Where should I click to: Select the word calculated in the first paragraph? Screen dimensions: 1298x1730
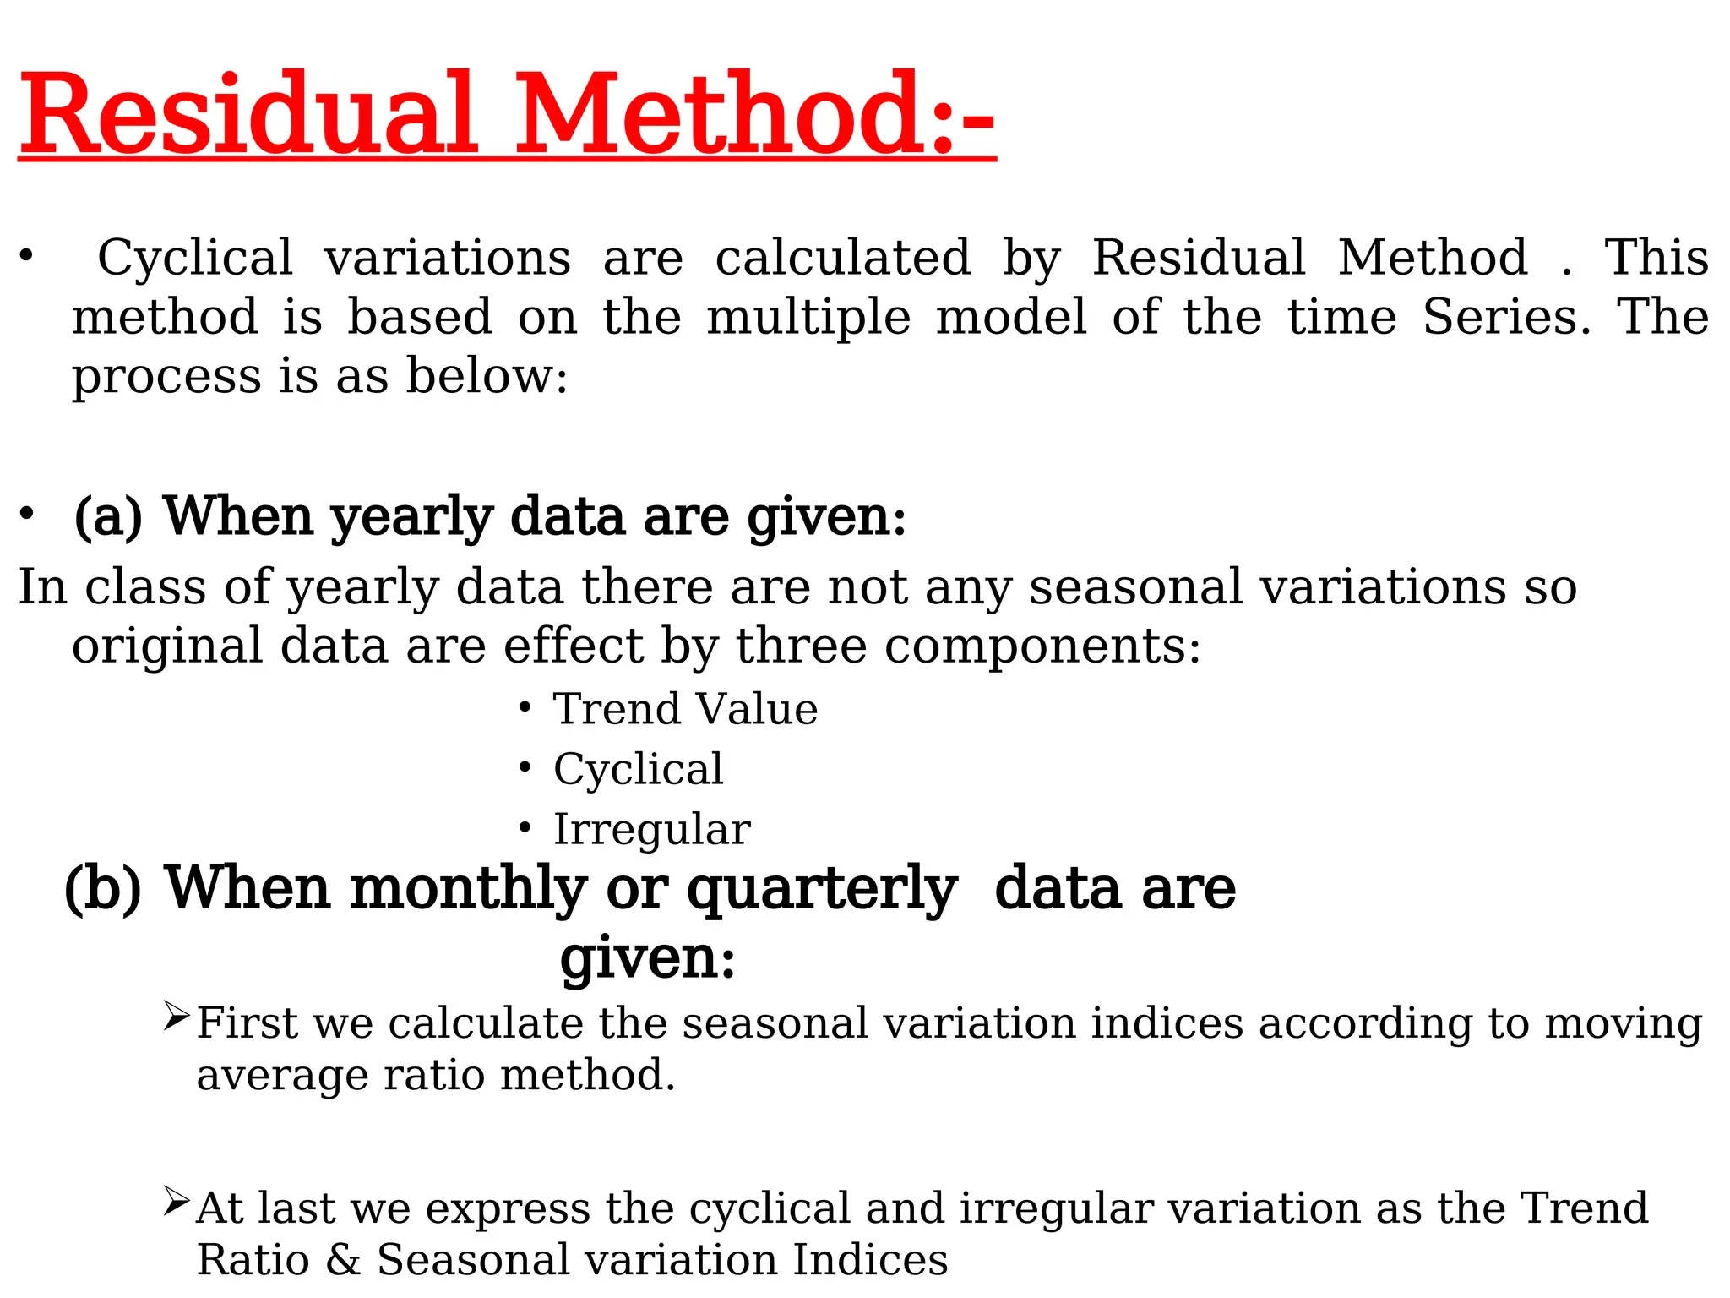(x=842, y=258)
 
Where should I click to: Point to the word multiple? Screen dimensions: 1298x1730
(x=808, y=319)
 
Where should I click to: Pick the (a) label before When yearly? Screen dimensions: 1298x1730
(x=108, y=517)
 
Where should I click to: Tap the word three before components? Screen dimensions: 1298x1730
(x=801, y=646)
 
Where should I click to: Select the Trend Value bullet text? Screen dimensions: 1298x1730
(x=685, y=708)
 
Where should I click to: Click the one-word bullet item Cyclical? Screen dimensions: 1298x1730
(x=638, y=769)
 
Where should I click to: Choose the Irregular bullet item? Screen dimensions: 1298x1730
(x=651, y=829)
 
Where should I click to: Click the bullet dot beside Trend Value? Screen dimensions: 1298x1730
(x=525, y=706)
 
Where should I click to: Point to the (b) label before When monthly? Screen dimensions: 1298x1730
(x=103, y=889)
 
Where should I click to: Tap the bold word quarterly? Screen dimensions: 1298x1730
(x=821, y=891)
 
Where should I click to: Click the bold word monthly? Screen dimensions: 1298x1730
(x=468, y=889)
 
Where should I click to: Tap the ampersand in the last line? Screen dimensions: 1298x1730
(x=343, y=1260)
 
